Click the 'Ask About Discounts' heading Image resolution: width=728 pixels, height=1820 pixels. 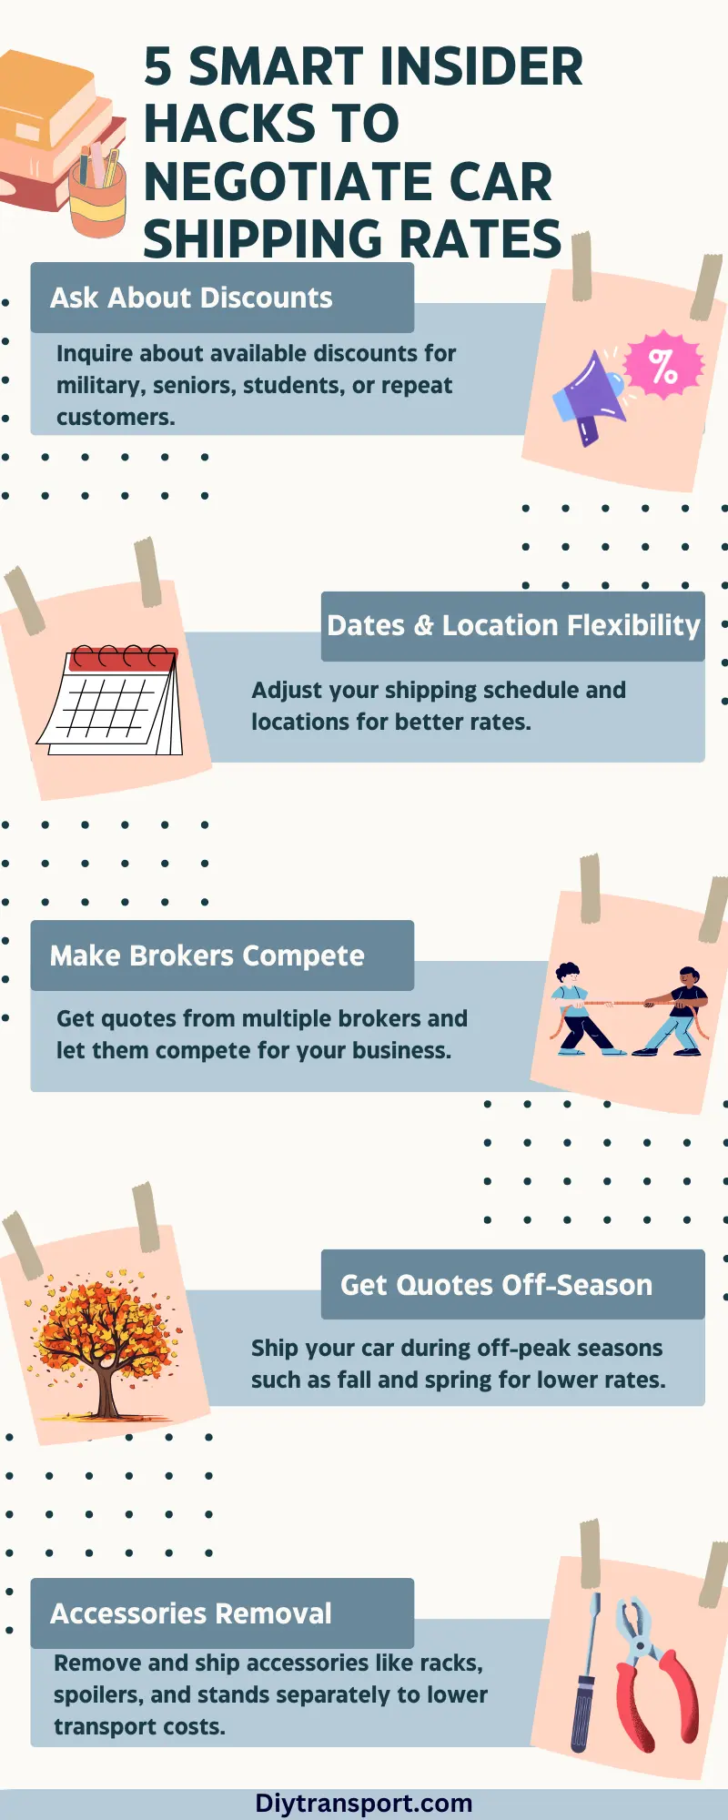click(191, 298)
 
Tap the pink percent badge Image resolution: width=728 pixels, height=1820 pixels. click(665, 365)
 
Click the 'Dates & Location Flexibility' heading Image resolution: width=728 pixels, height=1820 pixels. click(513, 626)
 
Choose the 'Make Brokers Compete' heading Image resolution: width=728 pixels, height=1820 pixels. click(207, 955)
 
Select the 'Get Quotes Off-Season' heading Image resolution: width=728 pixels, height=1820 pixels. click(496, 1285)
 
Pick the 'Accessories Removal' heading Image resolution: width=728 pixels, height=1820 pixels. click(191, 1613)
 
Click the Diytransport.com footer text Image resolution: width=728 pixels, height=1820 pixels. click(364, 1803)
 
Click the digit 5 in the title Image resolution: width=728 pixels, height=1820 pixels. click(158, 67)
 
